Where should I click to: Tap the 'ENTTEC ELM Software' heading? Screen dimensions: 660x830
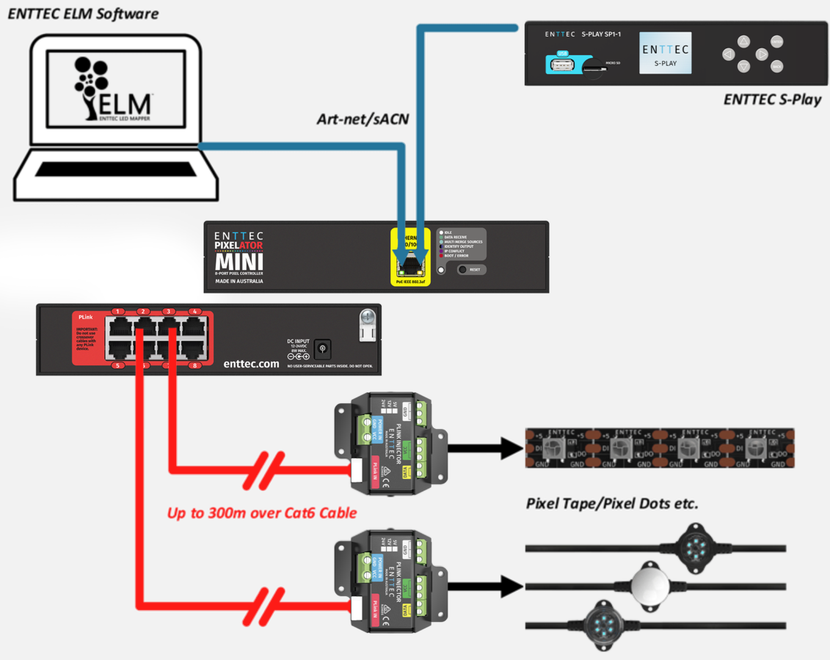(x=83, y=13)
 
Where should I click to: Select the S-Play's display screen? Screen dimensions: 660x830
(x=665, y=54)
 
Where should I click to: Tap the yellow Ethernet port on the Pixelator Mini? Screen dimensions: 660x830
(x=410, y=259)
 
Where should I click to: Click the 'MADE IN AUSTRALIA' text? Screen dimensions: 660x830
(x=239, y=281)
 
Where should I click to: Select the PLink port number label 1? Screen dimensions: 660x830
(x=117, y=312)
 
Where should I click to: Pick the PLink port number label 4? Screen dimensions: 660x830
(x=194, y=312)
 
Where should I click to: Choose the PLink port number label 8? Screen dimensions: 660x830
(x=194, y=365)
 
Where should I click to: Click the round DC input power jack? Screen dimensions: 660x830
(x=322, y=350)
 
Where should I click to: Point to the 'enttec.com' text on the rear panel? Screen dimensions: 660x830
(x=252, y=363)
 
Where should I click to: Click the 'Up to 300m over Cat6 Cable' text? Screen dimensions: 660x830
(x=262, y=513)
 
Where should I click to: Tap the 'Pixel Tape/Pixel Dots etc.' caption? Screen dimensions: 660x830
(x=612, y=504)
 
